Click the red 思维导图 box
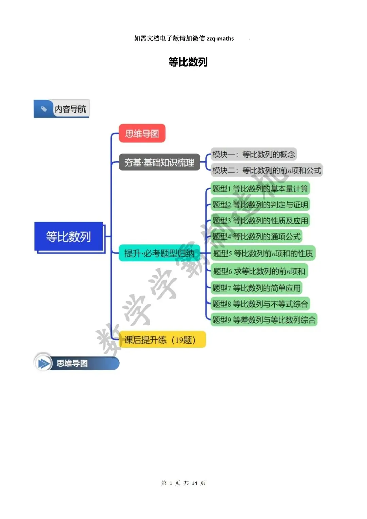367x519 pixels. tap(142, 134)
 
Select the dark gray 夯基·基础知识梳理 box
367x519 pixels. tap(159, 162)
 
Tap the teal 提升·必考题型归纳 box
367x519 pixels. tap(159, 253)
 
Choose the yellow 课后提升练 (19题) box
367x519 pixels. tap(162, 340)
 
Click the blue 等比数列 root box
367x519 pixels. tap(69, 237)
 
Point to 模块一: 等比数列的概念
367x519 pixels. tap(254, 154)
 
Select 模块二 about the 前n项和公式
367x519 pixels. tap(267, 170)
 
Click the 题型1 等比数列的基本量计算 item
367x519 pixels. tap(260, 189)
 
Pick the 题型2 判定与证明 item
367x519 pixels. tap(260, 205)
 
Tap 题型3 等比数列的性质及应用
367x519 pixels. tap(260, 221)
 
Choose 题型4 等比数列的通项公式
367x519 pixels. tap(256, 237)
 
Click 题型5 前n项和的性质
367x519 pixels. tap(263, 253)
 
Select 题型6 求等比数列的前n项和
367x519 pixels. tap(259, 271)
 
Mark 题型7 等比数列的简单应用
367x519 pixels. tap(256, 288)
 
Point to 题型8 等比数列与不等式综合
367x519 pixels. tap(260, 304)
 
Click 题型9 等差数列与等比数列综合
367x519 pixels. tap(264, 320)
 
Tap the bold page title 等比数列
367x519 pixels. tap(188, 62)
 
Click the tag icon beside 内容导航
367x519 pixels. tap(44, 109)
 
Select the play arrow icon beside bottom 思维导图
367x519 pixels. tap(43, 363)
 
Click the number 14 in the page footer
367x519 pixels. tap(194, 483)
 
